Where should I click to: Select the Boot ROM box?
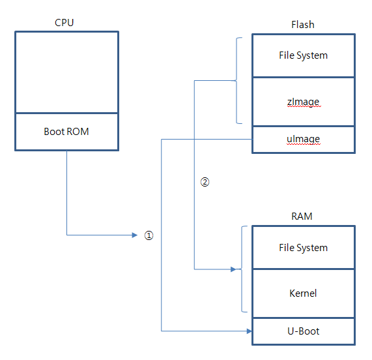(66, 132)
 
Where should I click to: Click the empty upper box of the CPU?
(66, 72)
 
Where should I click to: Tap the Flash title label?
(303, 24)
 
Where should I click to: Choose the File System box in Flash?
(304, 55)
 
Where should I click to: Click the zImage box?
(304, 102)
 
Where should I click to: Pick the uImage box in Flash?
(304, 140)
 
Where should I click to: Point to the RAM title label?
(303, 217)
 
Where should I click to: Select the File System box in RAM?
(304, 248)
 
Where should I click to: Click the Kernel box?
(304, 293)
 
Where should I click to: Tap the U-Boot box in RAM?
(304, 331)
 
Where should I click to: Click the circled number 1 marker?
(149, 235)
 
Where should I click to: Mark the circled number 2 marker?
(205, 182)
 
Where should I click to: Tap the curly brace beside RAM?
(244, 269)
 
